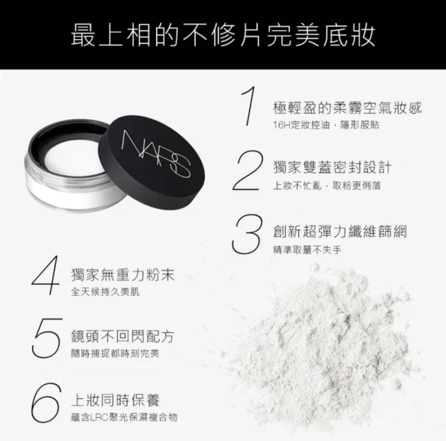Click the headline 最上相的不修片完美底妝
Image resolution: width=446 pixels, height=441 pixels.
click(223, 35)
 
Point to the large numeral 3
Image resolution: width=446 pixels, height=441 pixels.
click(246, 234)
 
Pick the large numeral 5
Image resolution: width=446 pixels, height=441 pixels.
click(47, 338)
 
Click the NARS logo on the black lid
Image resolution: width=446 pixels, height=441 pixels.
click(155, 154)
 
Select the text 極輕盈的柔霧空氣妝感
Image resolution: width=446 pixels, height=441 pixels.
click(347, 108)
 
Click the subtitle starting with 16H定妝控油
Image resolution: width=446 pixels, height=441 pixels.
click(326, 125)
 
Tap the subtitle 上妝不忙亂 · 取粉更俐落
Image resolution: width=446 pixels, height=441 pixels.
click(327, 185)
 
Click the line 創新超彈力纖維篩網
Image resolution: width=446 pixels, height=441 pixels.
click(340, 231)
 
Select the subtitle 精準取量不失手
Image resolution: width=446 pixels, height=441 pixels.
click(307, 250)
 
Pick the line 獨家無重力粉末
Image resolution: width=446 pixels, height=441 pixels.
click(123, 275)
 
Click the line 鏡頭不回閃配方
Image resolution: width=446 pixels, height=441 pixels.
click(122, 337)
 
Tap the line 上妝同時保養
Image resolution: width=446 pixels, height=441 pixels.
click(115, 400)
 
